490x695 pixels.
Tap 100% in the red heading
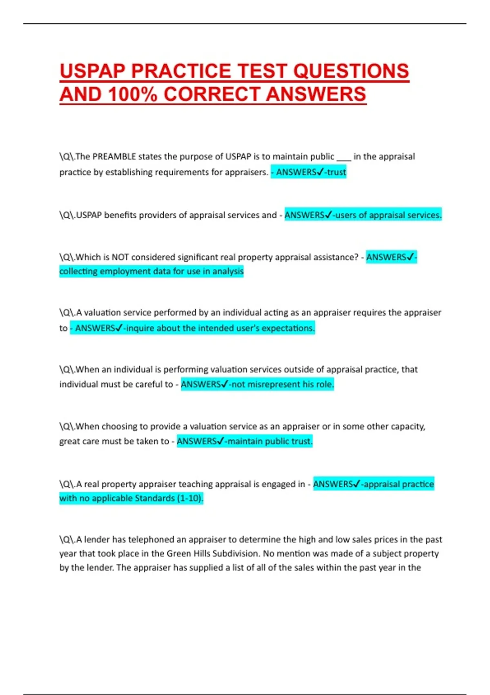click(132, 94)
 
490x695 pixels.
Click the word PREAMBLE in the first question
click(114, 157)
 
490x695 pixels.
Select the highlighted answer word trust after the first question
click(336, 172)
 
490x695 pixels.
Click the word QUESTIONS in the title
click(351, 71)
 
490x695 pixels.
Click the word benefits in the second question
click(119, 215)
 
